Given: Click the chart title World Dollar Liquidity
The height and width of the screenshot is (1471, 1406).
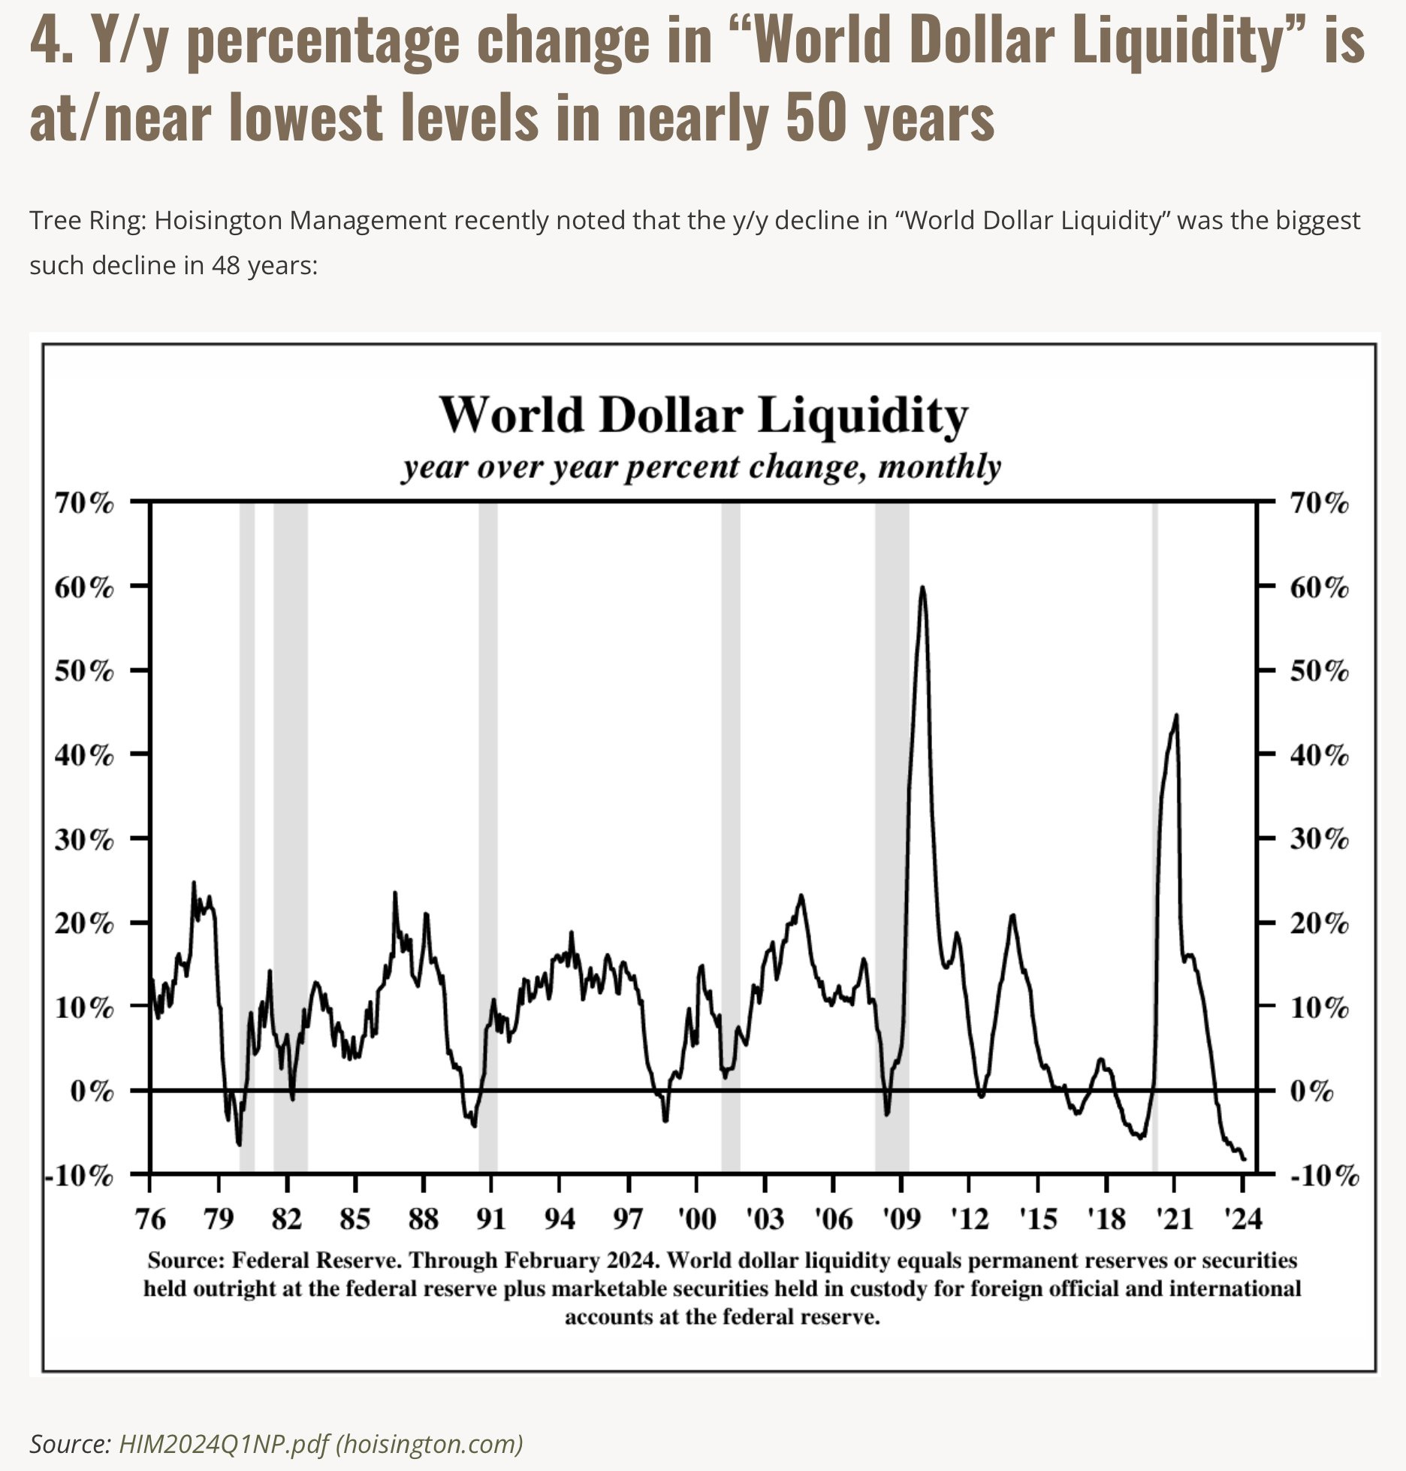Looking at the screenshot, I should coord(703,415).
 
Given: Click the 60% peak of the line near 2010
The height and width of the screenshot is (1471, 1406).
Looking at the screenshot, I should coord(922,587).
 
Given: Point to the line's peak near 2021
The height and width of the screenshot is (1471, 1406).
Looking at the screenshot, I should coord(1175,715).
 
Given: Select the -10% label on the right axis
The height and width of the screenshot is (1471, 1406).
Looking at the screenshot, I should coord(1324,1175).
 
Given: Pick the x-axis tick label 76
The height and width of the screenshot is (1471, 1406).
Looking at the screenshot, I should coord(150,1218).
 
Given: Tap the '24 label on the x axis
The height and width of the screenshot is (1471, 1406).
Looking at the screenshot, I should coord(1243,1218).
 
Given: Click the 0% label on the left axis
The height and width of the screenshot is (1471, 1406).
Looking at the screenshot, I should coord(92,1090).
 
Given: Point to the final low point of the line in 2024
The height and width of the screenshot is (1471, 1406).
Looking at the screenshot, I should coord(1244,1159).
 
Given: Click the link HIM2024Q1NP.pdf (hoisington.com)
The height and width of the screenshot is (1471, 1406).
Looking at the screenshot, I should coord(321,1443).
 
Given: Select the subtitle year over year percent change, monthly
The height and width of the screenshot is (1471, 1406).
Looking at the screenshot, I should coord(701,467).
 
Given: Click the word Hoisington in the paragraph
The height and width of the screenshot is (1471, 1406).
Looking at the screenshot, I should coord(209,221).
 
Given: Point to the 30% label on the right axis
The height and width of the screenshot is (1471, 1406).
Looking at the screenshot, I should coord(1320,838).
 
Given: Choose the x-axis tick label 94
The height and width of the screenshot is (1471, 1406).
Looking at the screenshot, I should coord(560,1218).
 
